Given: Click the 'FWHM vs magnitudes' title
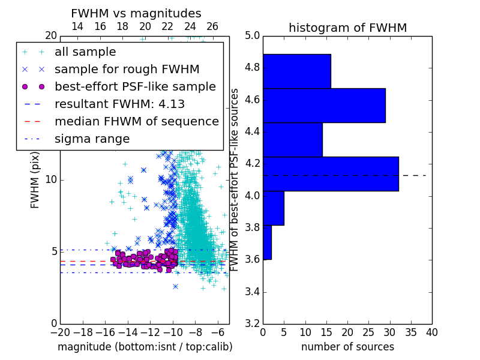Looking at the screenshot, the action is coord(136,13).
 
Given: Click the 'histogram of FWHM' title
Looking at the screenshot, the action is coord(348,28).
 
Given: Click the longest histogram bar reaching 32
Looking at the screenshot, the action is coord(331,174).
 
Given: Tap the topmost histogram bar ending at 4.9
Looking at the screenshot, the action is coord(297,71).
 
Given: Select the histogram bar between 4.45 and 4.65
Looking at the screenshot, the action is coord(324,106).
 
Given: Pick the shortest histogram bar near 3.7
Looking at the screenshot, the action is coord(267,242).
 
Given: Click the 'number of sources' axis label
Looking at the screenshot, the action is coord(348,347).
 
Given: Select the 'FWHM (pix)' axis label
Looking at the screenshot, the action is coord(35,180).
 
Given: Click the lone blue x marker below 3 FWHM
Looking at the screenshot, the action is coord(175,287).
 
